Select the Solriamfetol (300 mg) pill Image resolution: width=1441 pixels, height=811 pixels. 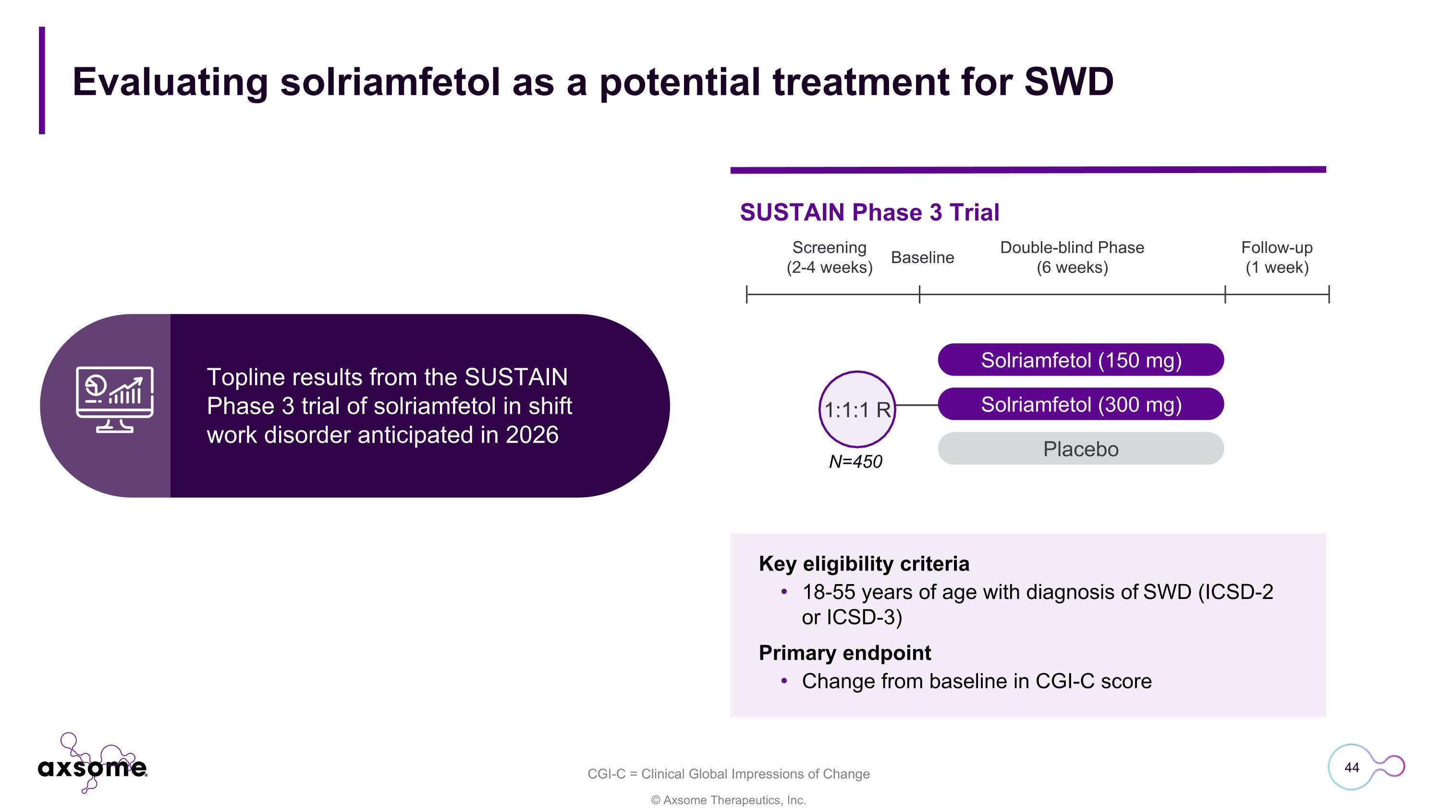(x=1081, y=404)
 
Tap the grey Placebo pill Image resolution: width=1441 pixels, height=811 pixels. (x=1081, y=449)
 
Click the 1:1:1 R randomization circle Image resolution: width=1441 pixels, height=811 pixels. (x=857, y=409)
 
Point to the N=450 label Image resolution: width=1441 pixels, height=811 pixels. (x=855, y=462)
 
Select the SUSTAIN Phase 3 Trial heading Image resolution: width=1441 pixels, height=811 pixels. (x=869, y=212)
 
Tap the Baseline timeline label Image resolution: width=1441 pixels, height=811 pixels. (x=922, y=258)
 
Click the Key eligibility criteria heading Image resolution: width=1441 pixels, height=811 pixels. (x=864, y=563)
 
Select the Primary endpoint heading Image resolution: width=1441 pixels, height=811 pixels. (x=845, y=653)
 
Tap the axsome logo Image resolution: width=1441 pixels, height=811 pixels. (x=92, y=763)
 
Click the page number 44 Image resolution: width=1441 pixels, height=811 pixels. (x=1352, y=767)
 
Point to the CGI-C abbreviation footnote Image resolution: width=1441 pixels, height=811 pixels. (x=728, y=774)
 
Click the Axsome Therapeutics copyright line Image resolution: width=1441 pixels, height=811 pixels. (x=728, y=800)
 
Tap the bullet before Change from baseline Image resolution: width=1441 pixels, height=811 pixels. (x=784, y=681)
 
